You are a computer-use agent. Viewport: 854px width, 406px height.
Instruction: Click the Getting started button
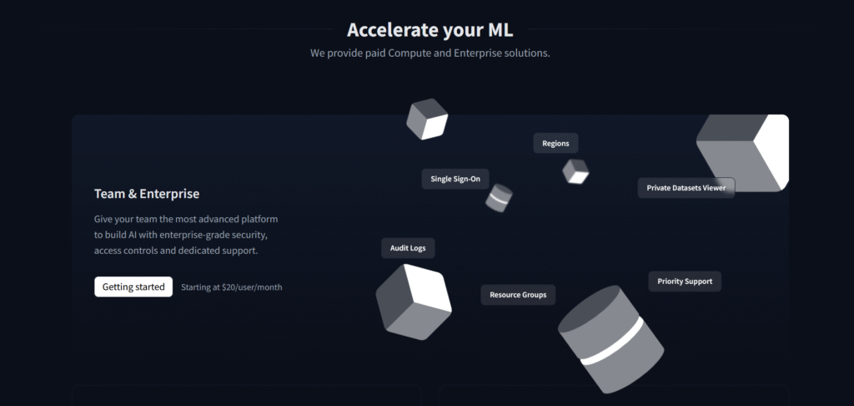point(133,287)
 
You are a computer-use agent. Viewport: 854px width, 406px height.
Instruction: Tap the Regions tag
point(555,143)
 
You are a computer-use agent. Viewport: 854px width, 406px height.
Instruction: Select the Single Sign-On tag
point(455,178)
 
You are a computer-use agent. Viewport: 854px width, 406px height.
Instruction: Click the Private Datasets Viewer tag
point(686,188)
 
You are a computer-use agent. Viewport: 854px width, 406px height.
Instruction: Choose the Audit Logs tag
point(408,248)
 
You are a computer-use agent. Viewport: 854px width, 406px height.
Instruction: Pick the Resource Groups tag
point(518,295)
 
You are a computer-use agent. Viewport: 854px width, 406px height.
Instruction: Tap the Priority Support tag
point(685,282)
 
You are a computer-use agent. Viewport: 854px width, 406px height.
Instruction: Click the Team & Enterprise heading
point(147,194)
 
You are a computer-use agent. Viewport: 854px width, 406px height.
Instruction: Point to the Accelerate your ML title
point(430,30)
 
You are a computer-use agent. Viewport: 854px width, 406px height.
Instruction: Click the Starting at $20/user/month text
point(232,287)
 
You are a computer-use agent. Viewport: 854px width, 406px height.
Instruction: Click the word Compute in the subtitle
point(403,53)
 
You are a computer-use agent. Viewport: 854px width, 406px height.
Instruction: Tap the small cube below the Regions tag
point(575,171)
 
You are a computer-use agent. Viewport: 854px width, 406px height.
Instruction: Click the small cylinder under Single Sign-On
point(499,198)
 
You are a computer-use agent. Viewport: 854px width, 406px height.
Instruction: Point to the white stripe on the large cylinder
point(613,342)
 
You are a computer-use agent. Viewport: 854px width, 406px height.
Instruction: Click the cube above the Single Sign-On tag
point(427,119)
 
